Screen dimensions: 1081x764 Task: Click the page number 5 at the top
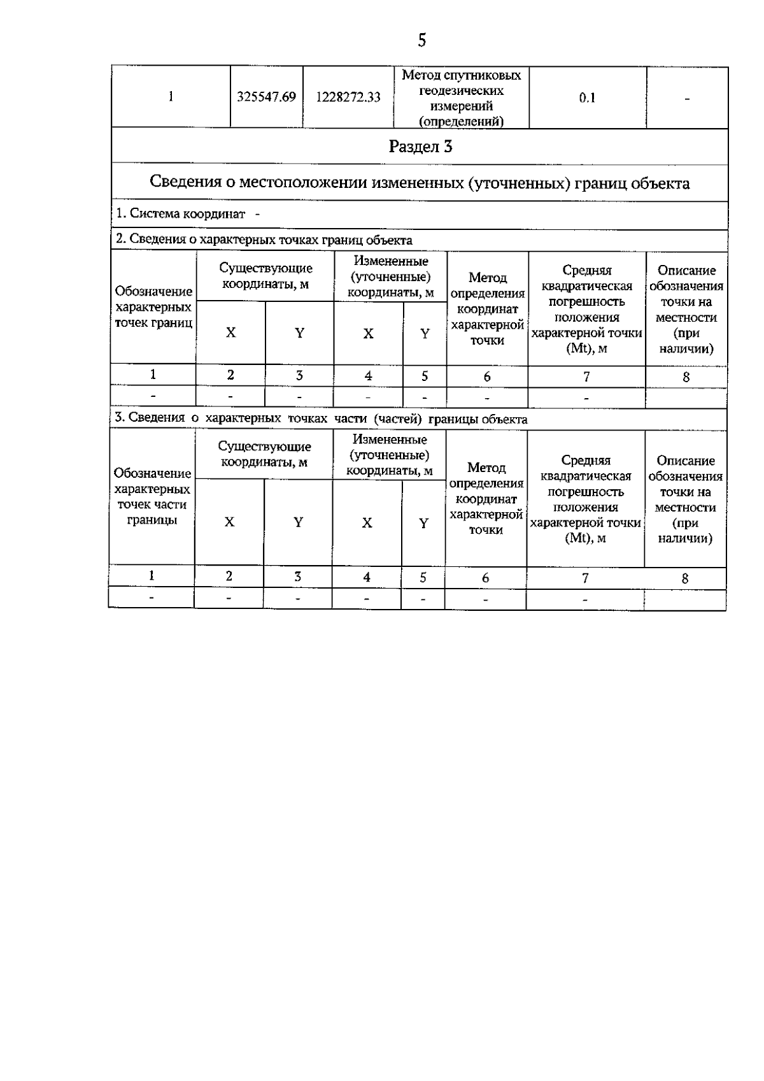[x=421, y=41]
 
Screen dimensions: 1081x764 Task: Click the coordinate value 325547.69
[x=266, y=97]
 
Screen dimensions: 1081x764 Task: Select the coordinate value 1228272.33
[x=348, y=97]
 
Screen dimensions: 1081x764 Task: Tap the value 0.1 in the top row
[x=587, y=97]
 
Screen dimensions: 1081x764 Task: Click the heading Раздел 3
[x=420, y=147]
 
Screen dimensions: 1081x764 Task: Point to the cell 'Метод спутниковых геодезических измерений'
[x=461, y=98]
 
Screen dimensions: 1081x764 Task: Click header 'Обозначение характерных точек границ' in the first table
[x=153, y=306]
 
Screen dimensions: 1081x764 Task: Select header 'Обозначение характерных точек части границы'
[x=152, y=496]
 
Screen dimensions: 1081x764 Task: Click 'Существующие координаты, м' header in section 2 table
[x=265, y=276]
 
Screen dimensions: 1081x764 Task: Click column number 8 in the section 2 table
[x=686, y=376]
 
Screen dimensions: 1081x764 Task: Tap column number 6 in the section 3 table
[x=485, y=578]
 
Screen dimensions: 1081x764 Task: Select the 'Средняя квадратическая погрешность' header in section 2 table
[x=586, y=309]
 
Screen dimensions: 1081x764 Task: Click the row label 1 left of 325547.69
[x=171, y=97]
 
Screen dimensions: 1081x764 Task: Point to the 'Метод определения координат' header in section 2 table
[x=487, y=308]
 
